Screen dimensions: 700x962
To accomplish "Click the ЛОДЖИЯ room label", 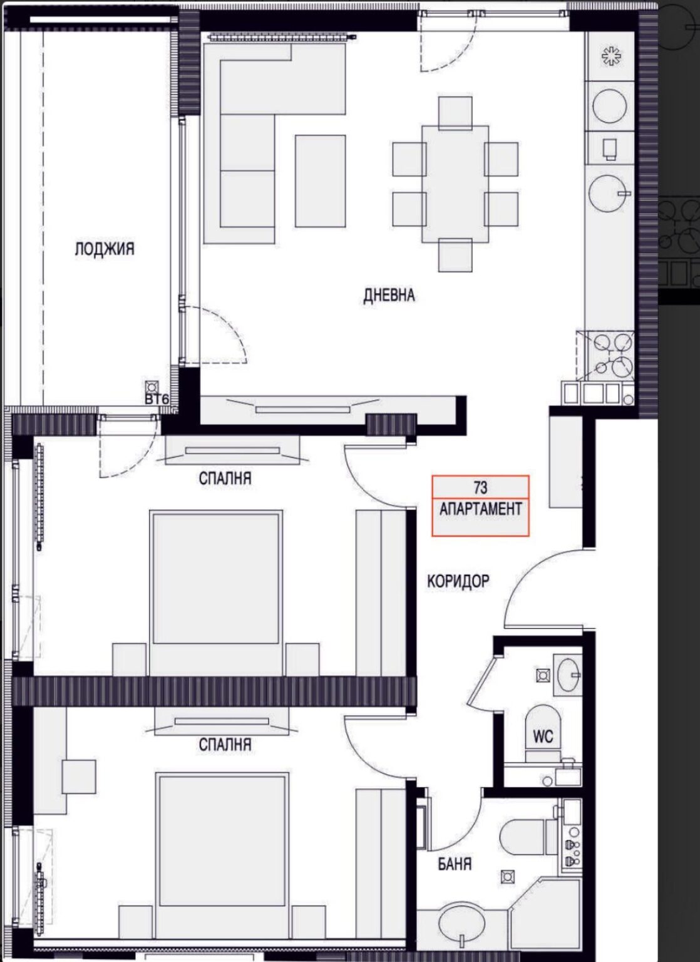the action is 105,249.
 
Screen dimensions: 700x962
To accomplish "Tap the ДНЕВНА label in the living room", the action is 389,296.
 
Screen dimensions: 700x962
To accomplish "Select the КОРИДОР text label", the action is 458,581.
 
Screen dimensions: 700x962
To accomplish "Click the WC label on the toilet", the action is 543,737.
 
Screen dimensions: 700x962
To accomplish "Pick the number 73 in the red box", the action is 481,487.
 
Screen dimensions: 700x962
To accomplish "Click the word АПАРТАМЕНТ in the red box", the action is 481,509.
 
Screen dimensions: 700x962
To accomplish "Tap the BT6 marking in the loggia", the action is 155,400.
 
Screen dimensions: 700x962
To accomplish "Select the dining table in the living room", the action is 455,184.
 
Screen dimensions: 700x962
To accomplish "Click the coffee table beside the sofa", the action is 321,181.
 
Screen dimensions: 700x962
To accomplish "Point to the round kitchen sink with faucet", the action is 609,194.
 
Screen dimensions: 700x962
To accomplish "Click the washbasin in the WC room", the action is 569,676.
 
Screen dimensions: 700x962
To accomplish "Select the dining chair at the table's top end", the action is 455,113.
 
